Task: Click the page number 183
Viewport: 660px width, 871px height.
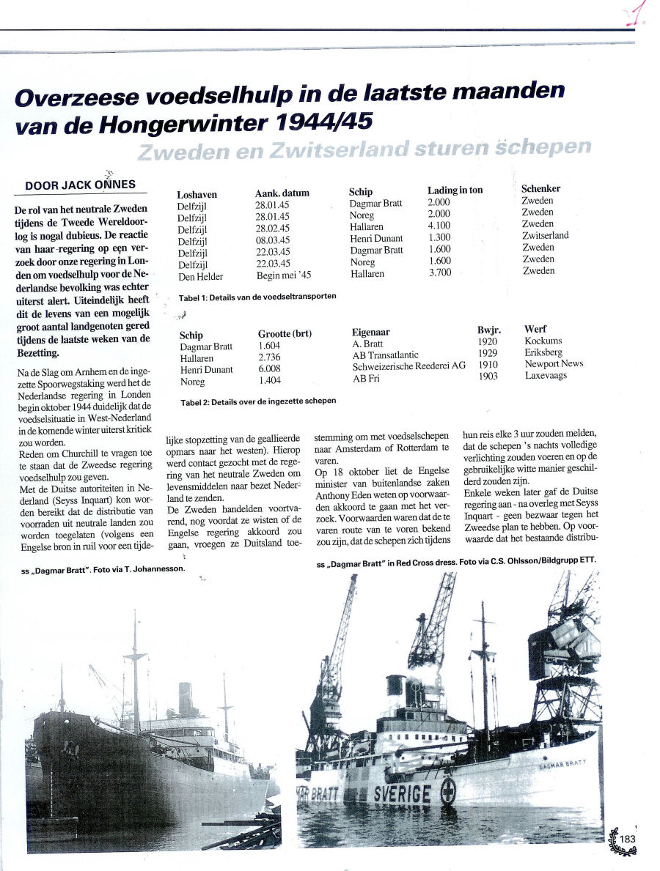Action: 627,840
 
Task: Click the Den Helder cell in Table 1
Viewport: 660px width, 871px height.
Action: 200,276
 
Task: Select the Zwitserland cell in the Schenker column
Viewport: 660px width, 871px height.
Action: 545,236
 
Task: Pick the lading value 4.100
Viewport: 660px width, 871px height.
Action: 439,226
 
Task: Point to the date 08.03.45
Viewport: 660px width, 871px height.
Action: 272,240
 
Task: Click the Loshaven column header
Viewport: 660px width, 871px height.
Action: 197,194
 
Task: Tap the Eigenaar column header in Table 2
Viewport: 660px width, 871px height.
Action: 374,332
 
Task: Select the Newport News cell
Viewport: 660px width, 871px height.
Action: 554,364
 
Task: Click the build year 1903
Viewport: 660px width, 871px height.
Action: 487,376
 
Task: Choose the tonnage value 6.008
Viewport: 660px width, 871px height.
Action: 269,369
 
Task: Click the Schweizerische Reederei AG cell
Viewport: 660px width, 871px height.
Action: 408,366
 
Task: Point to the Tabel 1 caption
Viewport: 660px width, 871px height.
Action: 257,297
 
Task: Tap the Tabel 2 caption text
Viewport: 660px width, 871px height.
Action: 258,401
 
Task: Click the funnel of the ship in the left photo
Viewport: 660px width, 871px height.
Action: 185,699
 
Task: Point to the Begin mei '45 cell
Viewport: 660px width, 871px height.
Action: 282,276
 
